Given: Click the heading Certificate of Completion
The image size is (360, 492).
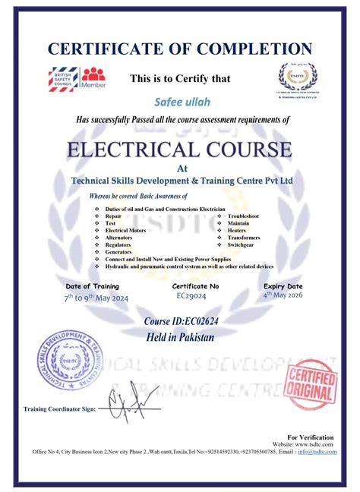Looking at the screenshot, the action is point(180,49).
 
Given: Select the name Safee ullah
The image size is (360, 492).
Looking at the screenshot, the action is point(181,102).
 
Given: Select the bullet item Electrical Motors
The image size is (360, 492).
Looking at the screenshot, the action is point(125,230).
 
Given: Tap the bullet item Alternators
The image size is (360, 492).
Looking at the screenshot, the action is point(119,238).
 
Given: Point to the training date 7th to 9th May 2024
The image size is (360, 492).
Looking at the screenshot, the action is point(96,298).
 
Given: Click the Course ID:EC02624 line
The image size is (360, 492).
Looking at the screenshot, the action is point(179,322).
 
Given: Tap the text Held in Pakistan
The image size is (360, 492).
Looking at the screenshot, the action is point(179,337).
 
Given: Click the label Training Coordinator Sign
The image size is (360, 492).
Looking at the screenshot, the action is point(59,409).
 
